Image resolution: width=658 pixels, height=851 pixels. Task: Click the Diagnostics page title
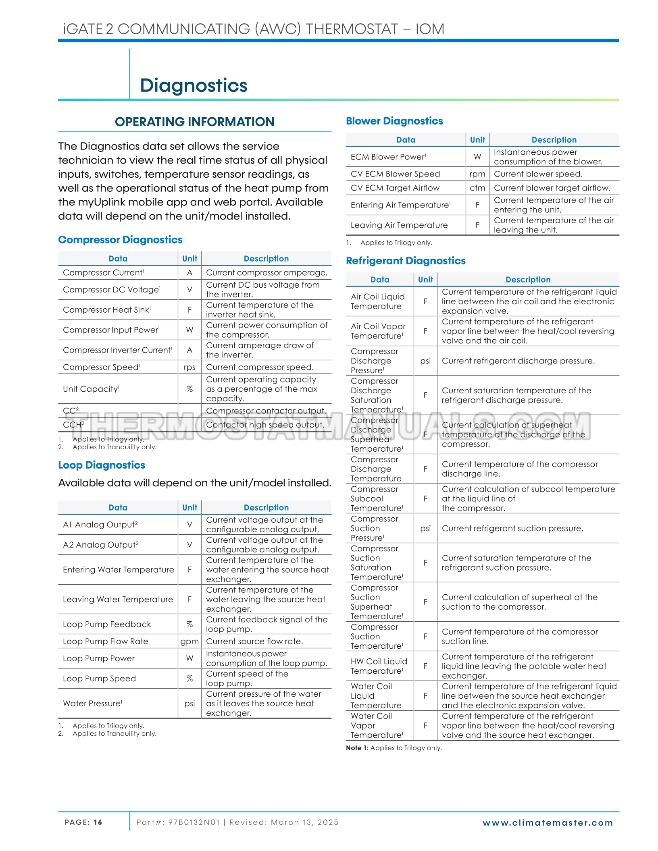(194, 85)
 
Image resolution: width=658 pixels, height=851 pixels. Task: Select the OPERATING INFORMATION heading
(194, 122)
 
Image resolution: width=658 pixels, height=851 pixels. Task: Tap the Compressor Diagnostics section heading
(120, 240)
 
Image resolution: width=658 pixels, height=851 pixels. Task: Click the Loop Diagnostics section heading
(102, 465)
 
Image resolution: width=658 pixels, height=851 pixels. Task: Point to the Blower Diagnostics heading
(394, 121)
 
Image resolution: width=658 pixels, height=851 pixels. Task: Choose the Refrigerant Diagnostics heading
(406, 261)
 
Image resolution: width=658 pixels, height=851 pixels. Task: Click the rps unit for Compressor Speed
(189, 367)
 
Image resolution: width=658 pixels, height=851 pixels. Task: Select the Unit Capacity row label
(91, 389)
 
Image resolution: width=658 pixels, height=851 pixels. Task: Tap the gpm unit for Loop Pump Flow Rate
(189, 641)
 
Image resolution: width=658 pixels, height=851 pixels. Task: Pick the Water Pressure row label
(92, 703)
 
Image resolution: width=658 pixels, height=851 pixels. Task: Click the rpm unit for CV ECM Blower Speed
(477, 174)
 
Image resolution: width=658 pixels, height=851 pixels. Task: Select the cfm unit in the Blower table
(477, 188)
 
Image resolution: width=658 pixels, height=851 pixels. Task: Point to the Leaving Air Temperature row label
(399, 225)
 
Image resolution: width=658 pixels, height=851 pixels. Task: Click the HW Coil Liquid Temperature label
(379, 666)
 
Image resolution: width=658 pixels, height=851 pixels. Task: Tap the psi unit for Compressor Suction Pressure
(425, 528)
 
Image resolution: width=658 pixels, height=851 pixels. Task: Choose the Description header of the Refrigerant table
(528, 279)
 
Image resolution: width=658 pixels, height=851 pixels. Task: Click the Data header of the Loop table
(118, 507)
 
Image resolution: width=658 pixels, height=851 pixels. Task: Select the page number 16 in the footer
(98, 822)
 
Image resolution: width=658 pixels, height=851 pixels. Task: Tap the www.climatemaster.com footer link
(548, 823)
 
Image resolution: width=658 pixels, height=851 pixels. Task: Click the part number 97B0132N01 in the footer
(194, 822)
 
